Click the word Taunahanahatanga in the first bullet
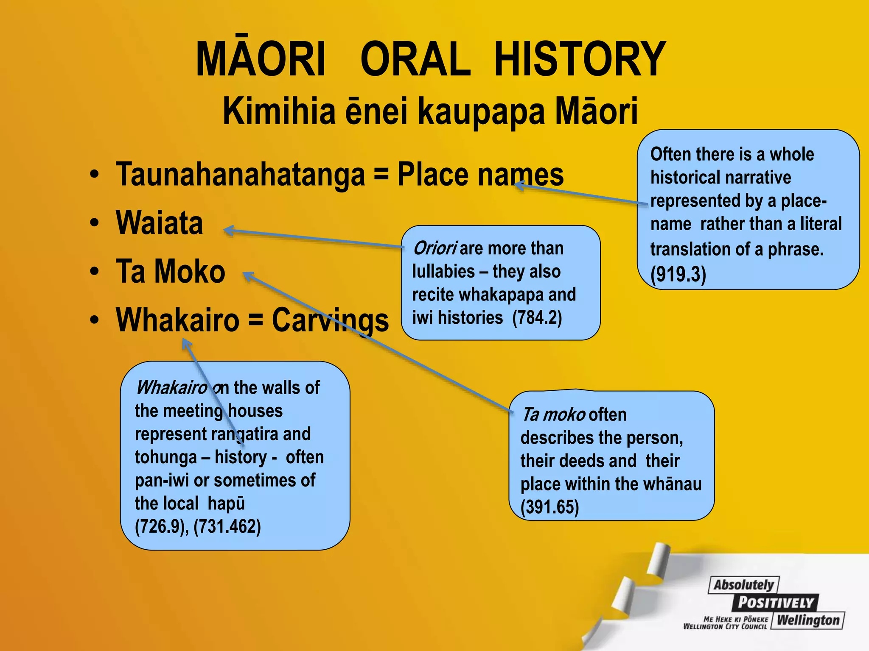point(240,174)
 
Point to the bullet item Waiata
point(160,223)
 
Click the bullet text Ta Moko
point(170,271)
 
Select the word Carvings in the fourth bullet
point(330,320)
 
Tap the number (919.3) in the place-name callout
point(678,274)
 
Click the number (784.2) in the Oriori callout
point(537,317)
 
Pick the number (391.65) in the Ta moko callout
point(549,507)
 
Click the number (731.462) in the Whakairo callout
point(227,526)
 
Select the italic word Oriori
point(434,248)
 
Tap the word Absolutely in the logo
point(743,585)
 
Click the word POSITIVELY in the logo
point(775,602)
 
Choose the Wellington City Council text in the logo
point(725,626)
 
